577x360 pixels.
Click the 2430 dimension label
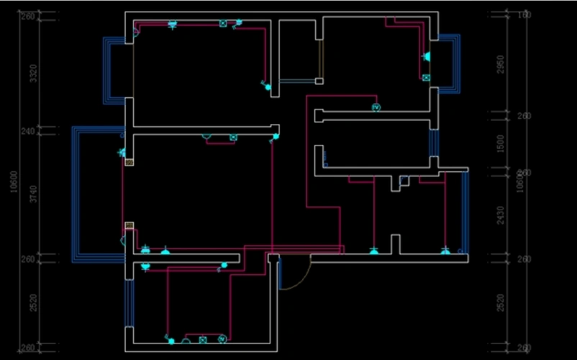coord(501,215)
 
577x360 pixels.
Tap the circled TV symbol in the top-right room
coord(376,107)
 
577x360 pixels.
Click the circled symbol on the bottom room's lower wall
coord(222,338)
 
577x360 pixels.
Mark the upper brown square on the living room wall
coord(129,163)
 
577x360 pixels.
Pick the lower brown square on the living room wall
coord(129,225)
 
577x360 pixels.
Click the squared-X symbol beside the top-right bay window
coord(426,77)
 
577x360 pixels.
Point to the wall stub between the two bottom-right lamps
coord(395,243)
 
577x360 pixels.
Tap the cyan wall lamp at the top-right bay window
coord(426,56)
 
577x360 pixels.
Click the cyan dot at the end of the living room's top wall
coord(275,135)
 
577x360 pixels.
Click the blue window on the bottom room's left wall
coord(129,302)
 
